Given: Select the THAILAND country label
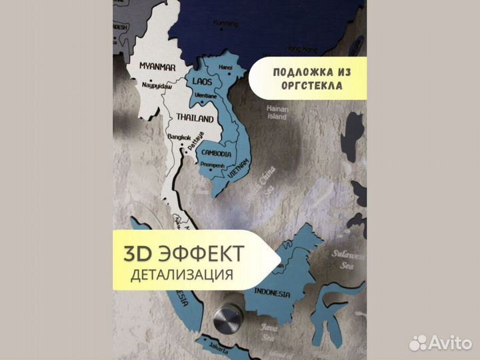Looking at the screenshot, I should click(195, 118).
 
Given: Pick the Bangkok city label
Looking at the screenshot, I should click(181, 137).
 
